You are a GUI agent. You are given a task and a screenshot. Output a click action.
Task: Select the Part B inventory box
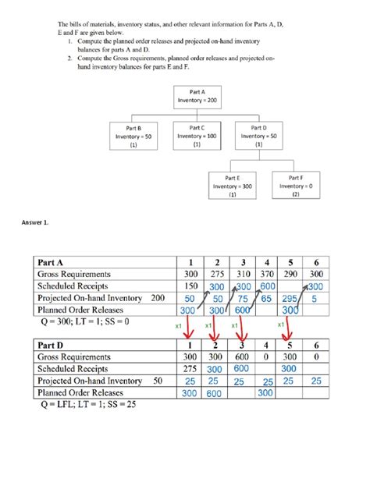[133, 135]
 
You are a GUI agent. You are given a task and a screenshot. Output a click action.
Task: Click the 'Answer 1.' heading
[37, 222]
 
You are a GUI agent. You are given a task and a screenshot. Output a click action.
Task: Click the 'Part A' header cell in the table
[55, 261]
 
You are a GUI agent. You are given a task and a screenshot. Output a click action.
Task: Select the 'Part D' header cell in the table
[55, 344]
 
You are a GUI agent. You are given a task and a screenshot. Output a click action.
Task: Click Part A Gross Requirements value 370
[266, 274]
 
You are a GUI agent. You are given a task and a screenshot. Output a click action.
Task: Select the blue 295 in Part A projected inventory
[288, 300]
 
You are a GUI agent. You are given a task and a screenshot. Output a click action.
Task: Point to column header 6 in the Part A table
[315, 261]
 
